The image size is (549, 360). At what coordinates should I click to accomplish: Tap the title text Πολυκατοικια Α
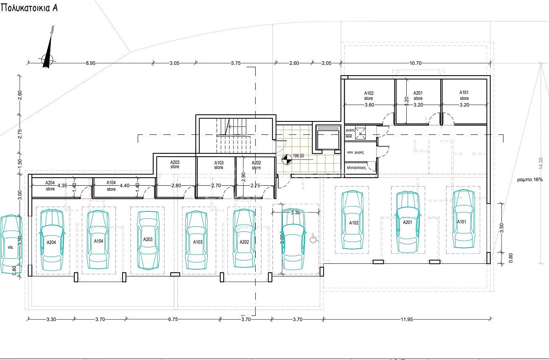click(29, 8)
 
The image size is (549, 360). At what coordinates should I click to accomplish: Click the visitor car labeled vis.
click(10, 244)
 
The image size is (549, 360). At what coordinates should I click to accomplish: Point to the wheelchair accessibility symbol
click(313, 239)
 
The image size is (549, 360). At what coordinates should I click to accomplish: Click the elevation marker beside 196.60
click(286, 159)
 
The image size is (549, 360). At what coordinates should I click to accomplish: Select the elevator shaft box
click(327, 138)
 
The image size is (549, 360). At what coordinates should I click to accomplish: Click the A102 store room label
click(369, 96)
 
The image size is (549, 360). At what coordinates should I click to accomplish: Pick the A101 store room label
click(464, 95)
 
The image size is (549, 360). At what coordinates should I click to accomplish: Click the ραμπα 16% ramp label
click(530, 179)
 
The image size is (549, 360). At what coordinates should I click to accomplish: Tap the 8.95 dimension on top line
click(91, 63)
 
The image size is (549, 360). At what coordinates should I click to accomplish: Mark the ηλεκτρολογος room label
click(356, 167)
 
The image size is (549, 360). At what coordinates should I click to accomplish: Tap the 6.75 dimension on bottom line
click(173, 320)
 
